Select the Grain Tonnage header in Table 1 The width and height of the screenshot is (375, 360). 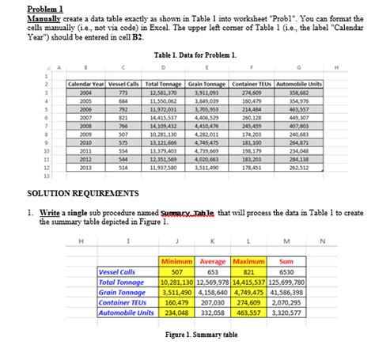[x=209, y=84]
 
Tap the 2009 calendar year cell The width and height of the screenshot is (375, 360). [x=85, y=134]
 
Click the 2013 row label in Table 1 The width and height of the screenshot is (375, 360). [x=85, y=168]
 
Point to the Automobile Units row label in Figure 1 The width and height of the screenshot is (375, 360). [x=126, y=313]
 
